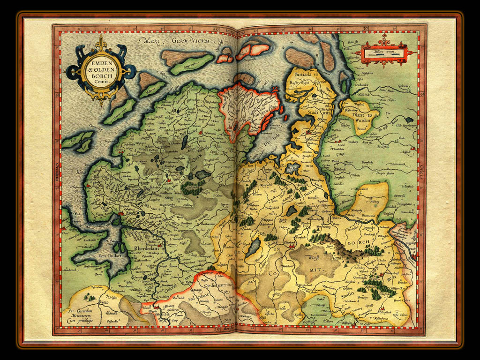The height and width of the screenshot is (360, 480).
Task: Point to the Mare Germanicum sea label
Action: tap(178, 41)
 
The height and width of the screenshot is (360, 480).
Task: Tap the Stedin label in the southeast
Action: tap(348, 295)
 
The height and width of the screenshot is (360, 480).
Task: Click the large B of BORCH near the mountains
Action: tap(351, 243)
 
